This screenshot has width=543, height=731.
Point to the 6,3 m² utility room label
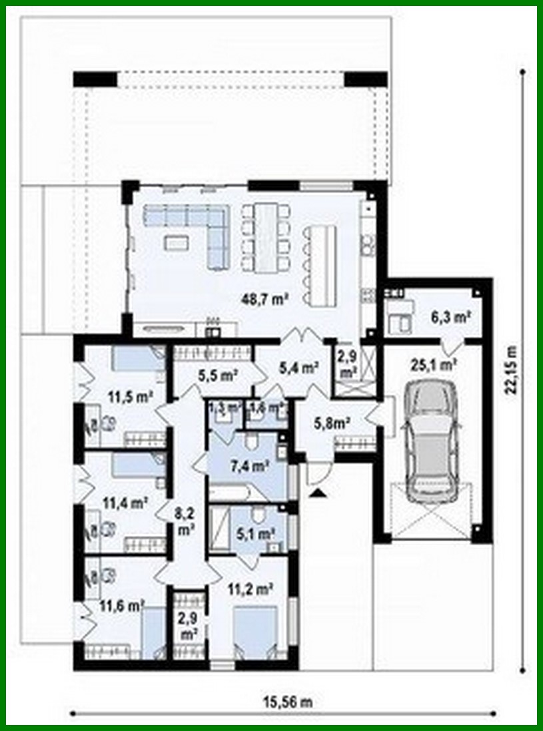click(451, 318)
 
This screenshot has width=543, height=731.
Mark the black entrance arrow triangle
click(318, 492)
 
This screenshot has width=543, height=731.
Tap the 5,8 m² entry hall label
click(332, 420)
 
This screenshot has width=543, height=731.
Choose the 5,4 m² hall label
click(298, 366)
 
